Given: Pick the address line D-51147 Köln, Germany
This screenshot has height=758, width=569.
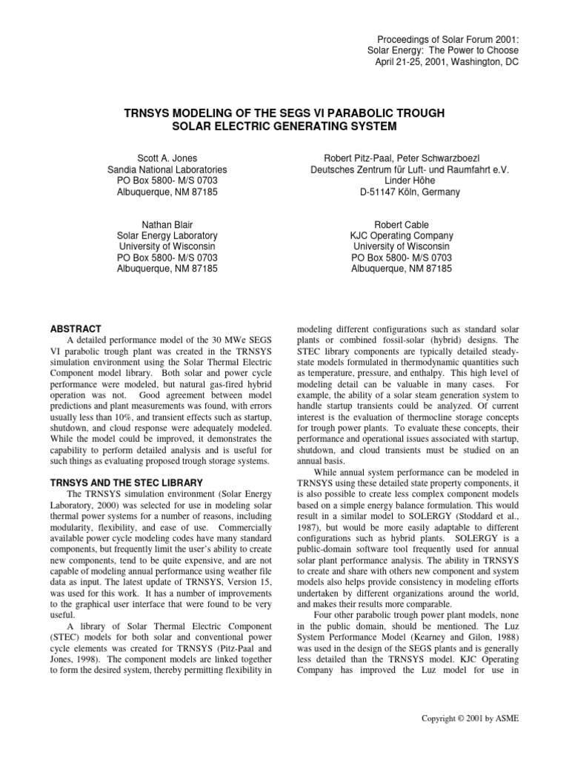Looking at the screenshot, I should tap(401, 192).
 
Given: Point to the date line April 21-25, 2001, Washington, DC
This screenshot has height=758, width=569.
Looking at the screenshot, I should tap(447, 61).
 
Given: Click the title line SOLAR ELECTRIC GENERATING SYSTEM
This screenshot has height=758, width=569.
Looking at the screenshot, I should tap(284, 127).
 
